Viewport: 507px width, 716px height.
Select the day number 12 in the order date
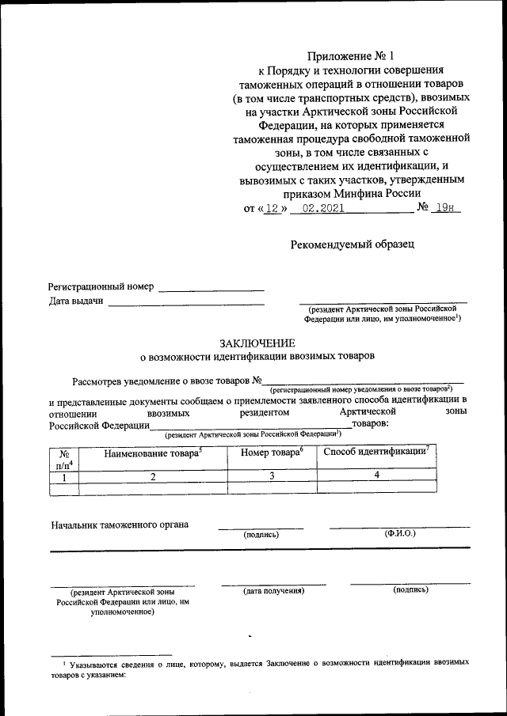click(273, 208)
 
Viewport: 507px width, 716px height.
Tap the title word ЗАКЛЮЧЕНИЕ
click(257, 343)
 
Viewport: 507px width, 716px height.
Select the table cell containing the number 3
click(271, 476)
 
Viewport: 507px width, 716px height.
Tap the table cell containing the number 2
click(153, 476)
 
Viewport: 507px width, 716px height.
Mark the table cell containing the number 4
click(376, 475)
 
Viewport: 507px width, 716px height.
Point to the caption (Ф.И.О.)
click(399, 534)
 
